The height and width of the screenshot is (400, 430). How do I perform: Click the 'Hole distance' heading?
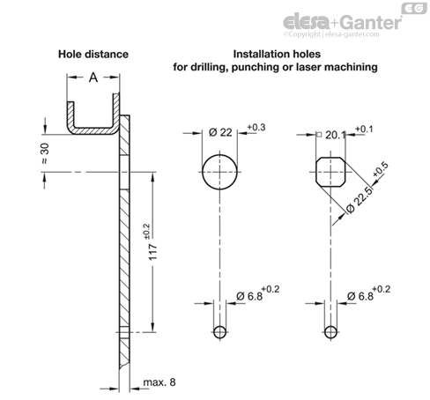[93, 55]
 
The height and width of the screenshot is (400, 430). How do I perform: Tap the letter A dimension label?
[93, 78]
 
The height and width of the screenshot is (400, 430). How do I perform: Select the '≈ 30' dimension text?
[45, 153]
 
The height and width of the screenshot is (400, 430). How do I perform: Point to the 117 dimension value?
[153, 252]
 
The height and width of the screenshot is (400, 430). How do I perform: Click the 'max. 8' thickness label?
[159, 382]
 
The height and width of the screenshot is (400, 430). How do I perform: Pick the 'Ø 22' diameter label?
[220, 133]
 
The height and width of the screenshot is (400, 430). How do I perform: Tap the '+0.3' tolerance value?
[256, 128]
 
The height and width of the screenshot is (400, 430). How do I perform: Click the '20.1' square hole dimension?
[336, 135]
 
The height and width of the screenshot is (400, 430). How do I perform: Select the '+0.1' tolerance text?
[364, 129]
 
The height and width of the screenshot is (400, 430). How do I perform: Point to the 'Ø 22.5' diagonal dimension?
[360, 200]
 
